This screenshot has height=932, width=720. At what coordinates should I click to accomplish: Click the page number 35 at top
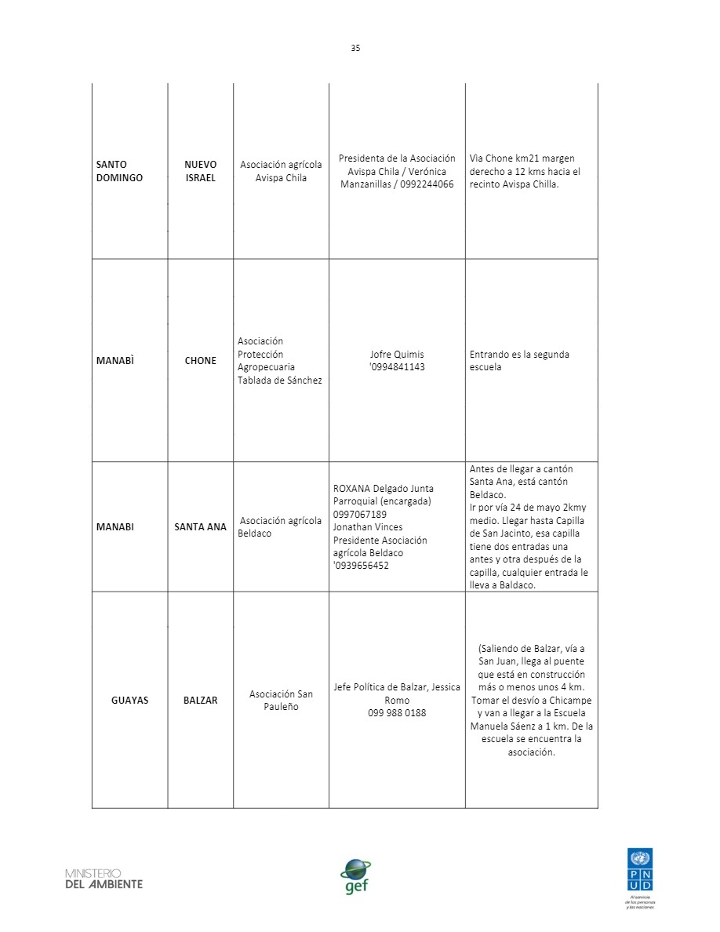355,48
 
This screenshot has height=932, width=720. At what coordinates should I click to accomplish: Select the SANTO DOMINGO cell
119,171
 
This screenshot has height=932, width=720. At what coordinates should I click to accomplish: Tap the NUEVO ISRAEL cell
200,171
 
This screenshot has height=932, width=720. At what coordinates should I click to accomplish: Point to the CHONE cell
200,361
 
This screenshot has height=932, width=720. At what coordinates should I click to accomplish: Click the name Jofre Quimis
396,355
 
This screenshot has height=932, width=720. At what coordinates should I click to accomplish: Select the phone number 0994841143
398,367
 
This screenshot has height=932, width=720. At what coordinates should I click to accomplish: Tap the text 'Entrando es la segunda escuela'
518,361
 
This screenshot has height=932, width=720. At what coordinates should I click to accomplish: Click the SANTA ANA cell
200,527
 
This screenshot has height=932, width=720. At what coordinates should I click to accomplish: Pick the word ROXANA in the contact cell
351,489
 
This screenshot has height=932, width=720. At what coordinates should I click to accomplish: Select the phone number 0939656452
362,566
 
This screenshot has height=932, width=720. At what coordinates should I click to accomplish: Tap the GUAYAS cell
129,700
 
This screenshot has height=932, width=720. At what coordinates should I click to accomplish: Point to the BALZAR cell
200,700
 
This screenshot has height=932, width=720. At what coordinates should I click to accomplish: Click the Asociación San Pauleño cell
281,700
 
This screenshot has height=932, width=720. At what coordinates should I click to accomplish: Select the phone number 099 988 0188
397,713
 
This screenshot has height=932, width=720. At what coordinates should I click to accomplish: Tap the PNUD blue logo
638,868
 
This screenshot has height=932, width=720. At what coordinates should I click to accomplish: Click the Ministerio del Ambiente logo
104,879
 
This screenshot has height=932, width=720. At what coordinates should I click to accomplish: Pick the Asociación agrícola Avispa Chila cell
281,171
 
